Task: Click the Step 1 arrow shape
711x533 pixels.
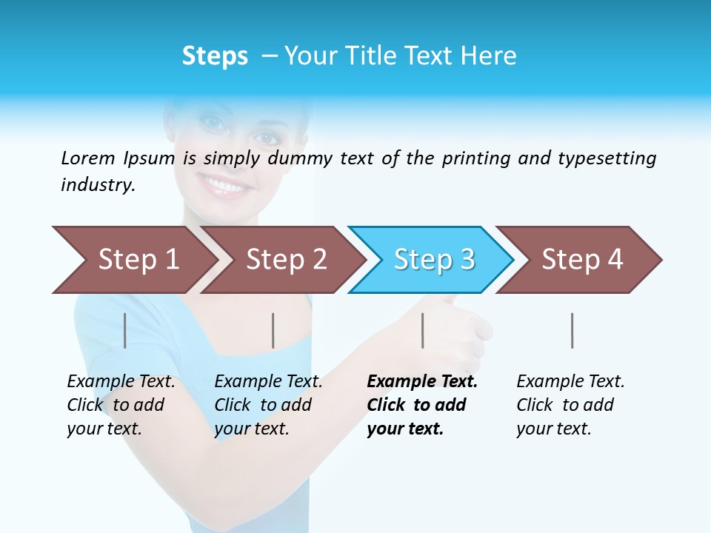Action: [x=133, y=260]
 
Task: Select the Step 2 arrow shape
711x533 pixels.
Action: [x=285, y=260]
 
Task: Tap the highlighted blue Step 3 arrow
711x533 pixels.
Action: [x=433, y=260]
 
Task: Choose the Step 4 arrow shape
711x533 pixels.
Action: [x=581, y=260]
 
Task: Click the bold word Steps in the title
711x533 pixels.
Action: [x=215, y=56]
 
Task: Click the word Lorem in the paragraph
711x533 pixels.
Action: [x=87, y=158]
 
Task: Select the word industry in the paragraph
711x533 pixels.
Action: [x=98, y=185]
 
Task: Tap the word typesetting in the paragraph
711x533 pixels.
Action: [x=607, y=158]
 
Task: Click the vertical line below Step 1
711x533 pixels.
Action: [x=125, y=330]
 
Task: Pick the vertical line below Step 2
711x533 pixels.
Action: [x=273, y=330]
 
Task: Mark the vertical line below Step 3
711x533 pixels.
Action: [x=422, y=330]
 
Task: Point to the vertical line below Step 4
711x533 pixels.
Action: [x=572, y=330]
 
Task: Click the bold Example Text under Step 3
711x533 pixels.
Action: [x=422, y=382]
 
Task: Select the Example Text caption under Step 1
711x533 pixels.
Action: [x=121, y=382]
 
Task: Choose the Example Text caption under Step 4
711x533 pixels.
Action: [x=570, y=382]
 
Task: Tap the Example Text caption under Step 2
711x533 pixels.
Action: [x=268, y=382]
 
